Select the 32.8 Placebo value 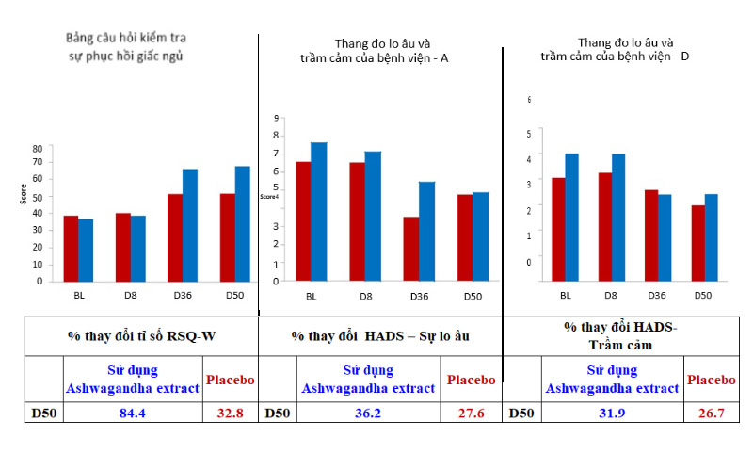click(229, 413)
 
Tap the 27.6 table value click(471, 413)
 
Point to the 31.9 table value click(613, 413)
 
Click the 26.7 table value click(712, 413)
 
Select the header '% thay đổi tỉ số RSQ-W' click(140, 335)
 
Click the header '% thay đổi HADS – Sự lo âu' click(379, 335)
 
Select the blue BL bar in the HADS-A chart click(319, 211)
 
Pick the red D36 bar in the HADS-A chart click(410, 249)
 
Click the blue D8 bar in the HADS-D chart click(617, 217)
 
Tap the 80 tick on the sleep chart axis click(37, 149)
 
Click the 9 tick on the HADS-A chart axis click(277, 119)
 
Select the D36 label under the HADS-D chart click(658, 295)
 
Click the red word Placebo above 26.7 click(712, 380)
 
